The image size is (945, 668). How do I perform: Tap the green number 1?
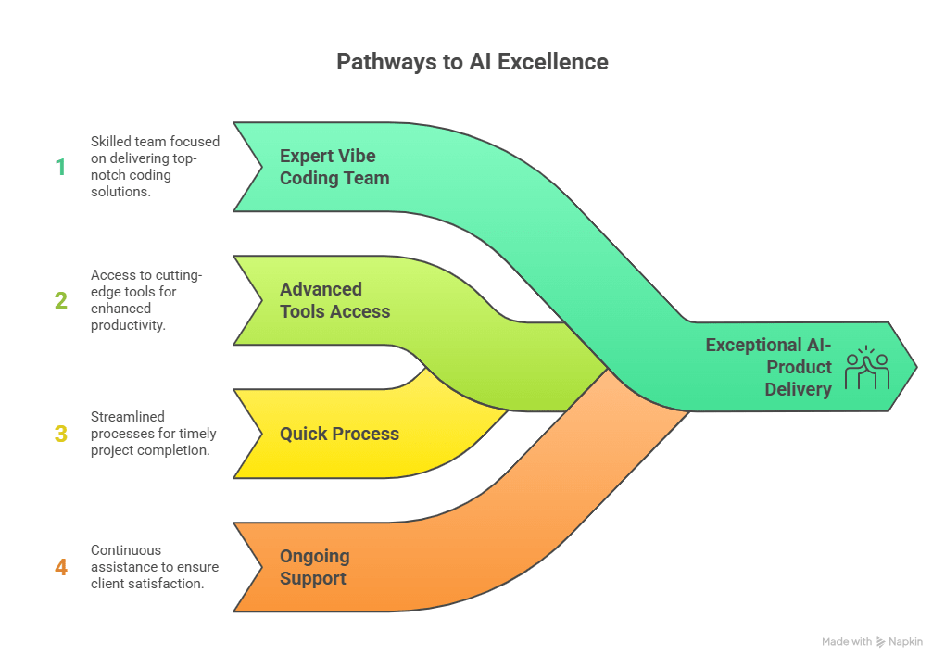point(61,167)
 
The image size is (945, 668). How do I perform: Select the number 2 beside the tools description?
point(61,300)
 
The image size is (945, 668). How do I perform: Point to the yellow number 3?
point(61,434)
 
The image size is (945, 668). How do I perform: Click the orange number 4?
point(61,567)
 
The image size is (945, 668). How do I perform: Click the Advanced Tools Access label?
point(334,300)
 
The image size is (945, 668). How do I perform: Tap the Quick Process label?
point(339,434)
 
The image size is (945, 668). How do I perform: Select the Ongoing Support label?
point(314,567)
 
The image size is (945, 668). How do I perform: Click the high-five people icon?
point(867,367)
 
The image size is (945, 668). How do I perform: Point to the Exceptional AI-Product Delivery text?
point(768,367)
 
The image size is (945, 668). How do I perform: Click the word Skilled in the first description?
point(112,142)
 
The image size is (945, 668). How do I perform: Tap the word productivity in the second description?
point(128,325)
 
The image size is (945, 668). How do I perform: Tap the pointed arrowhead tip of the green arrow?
point(915,367)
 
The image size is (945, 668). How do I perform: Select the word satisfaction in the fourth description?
point(170,584)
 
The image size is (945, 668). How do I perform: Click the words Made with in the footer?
point(847,641)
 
